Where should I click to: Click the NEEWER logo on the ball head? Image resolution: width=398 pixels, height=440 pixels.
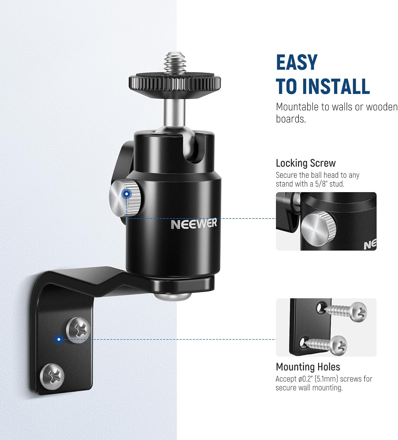[x=194, y=224]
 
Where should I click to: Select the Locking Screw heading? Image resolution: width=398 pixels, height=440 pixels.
[x=306, y=163]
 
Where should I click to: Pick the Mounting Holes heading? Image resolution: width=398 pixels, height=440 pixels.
[x=308, y=367]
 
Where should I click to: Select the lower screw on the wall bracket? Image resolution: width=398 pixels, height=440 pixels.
[x=52, y=377]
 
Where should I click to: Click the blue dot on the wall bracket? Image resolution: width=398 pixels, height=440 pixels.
[x=59, y=339]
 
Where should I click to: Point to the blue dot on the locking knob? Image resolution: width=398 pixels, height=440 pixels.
[x=127, y=194]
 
